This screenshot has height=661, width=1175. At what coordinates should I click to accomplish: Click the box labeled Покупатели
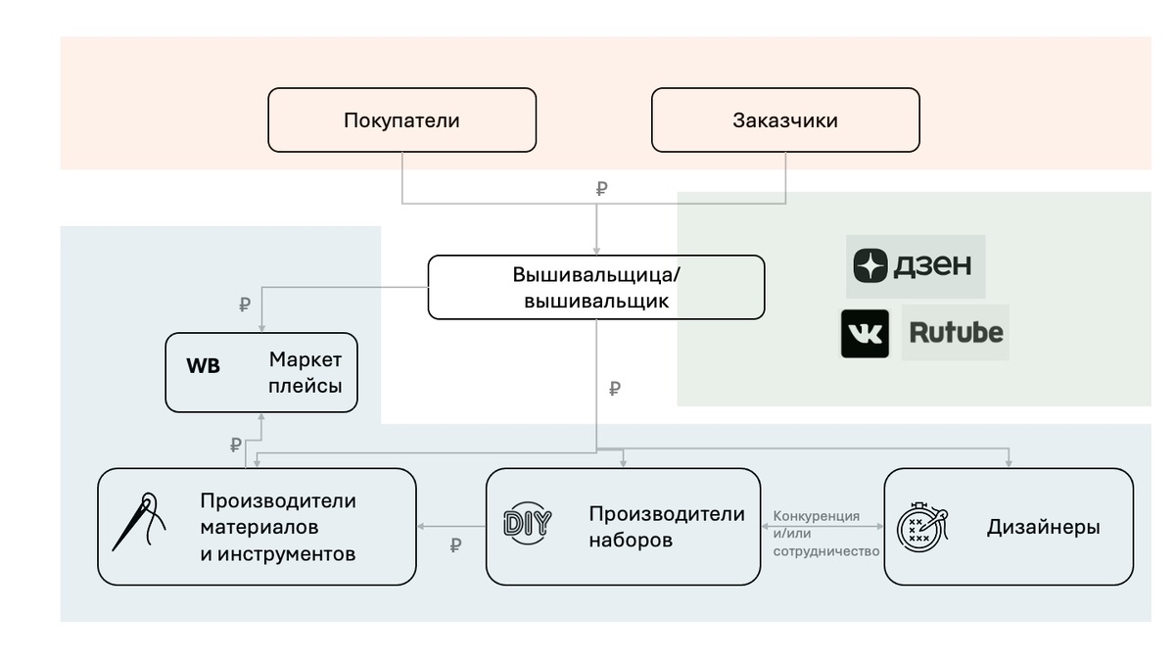[401, 120]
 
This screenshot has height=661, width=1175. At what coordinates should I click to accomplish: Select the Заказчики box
[785, 120]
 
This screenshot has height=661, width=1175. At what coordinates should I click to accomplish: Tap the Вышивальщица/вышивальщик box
[595, 287]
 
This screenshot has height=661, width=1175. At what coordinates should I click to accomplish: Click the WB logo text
[204, 366]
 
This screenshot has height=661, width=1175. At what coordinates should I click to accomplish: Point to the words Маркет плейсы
[305, 372]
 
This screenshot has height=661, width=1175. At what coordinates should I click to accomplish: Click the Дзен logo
[915, 265]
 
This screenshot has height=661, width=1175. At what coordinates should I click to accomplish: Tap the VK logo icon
[865, 334]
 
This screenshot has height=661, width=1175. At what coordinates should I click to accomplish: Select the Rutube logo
[956, 333]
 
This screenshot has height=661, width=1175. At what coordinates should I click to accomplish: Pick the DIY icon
[527, 524]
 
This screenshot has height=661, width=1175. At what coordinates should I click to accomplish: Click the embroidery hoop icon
[921, 526]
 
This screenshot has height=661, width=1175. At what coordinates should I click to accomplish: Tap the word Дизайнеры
[1043, 527]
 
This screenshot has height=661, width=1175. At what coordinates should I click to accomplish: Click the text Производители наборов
[666, 526]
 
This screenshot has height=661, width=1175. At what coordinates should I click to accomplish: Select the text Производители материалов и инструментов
[278, 527]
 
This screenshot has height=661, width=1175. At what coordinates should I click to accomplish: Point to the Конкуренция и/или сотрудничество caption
[817, 533]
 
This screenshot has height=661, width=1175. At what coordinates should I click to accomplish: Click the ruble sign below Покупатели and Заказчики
[601, 189]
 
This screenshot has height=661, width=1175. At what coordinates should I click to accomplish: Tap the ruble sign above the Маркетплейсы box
[245, 306]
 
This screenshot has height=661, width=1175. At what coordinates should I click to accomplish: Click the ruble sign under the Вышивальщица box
[615, 389]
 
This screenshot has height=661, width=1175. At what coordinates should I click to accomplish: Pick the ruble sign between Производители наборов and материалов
[455, 545]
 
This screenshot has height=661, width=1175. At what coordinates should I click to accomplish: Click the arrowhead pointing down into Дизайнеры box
[1009, 463]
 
